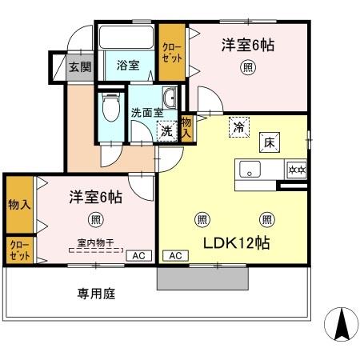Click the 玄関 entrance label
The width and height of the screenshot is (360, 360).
coord(79,66)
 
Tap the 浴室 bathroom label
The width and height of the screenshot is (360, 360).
coord(127,66)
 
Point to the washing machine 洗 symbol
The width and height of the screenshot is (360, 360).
coord(167,130)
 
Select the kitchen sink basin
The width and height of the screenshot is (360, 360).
coord(249,170)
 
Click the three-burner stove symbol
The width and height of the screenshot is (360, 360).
coord(297,170)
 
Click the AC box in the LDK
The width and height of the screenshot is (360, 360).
coord(176,255)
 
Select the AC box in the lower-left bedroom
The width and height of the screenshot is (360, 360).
coord(138,255)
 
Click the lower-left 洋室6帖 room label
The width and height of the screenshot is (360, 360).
coord(94,194)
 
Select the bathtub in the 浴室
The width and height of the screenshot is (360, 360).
coord(128,37)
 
